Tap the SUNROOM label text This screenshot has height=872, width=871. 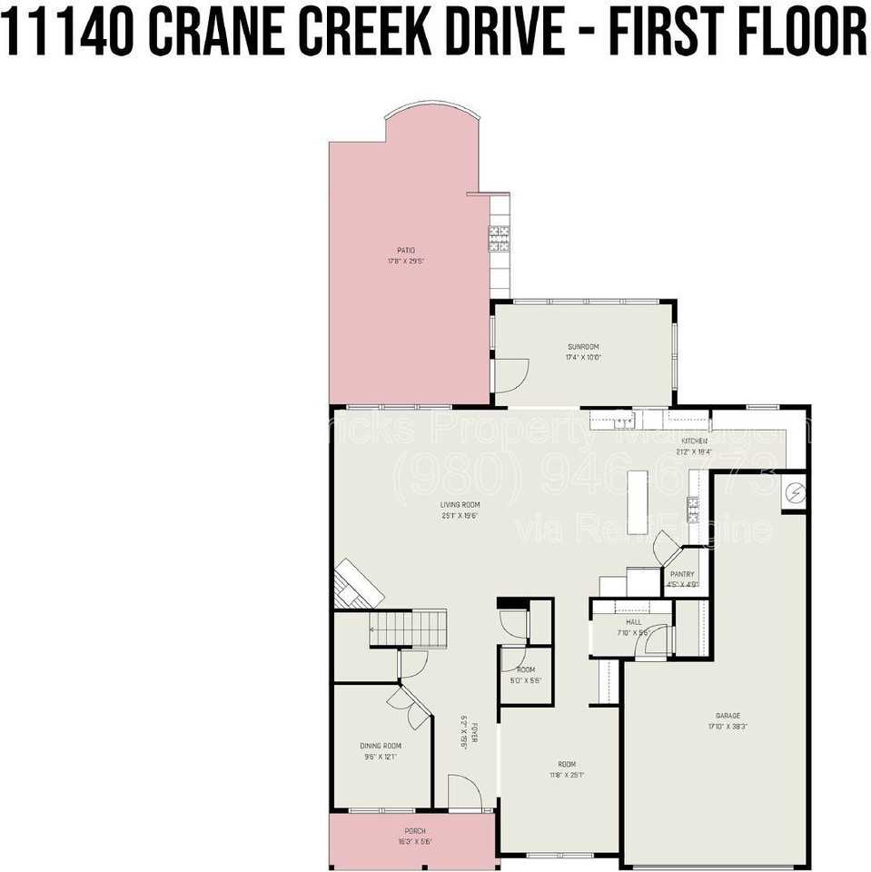583,346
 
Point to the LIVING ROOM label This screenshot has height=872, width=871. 460,505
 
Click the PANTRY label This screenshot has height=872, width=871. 682,574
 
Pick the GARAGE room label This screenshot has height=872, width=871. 727,716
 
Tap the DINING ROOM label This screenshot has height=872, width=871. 381,746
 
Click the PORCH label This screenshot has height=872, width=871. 414,831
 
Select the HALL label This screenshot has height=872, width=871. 633,622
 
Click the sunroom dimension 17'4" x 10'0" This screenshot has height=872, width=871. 583,357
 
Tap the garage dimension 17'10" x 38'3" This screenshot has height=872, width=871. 727,727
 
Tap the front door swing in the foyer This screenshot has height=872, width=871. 465,792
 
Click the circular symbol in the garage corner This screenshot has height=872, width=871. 794,491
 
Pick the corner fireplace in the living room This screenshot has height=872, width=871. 358,583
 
